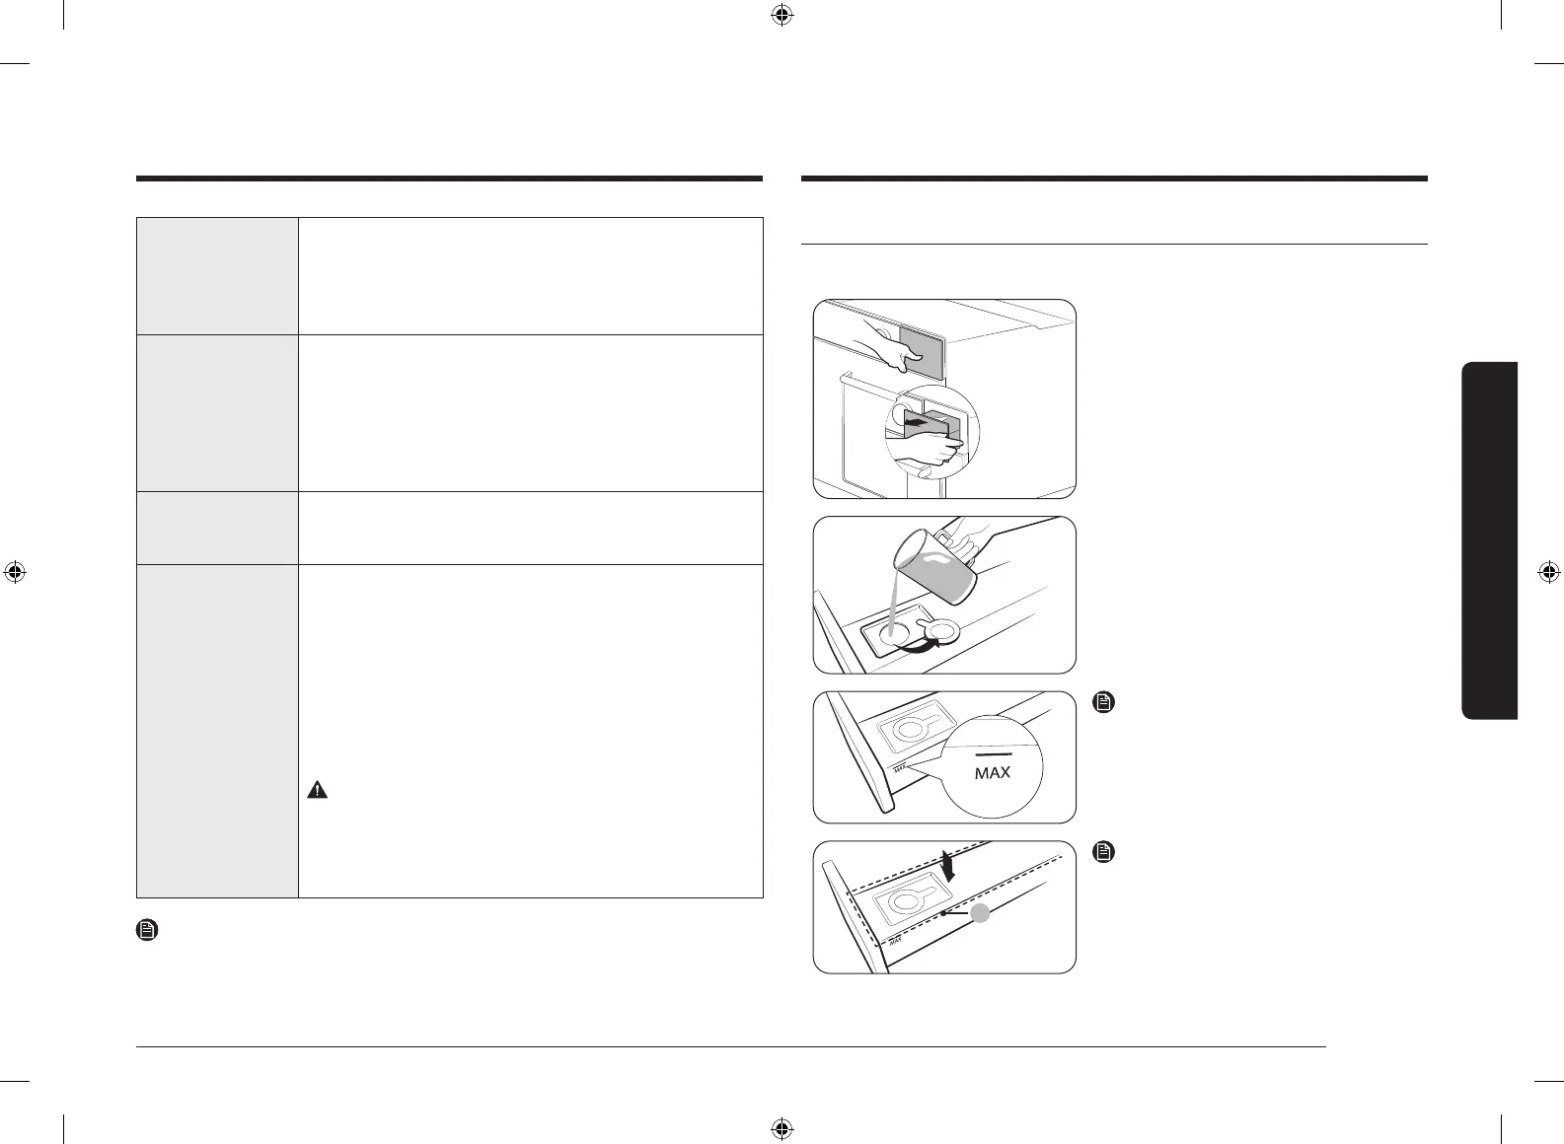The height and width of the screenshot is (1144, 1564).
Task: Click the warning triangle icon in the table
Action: point(317,789)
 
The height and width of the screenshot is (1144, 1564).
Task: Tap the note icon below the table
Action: point(146,930)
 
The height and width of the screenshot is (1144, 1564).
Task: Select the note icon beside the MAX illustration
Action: point(1104,703)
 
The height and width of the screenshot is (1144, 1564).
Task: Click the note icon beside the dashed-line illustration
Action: point(1104,851)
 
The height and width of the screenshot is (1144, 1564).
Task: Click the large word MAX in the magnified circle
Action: point(992,773)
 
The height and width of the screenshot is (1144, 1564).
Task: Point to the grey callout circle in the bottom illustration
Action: point(980,914)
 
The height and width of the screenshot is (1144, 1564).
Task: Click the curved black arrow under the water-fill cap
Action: point(914,646)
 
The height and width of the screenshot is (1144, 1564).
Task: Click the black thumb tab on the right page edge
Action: point(1490,540)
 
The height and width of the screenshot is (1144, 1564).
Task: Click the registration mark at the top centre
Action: point(782,15)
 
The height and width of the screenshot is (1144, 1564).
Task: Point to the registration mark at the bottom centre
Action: point(782,1127)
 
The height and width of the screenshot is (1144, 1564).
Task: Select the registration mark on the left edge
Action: point(15,572)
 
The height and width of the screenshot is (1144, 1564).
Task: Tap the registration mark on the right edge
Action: point(1548,572)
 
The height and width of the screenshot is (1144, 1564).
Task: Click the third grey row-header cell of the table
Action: point(217,528)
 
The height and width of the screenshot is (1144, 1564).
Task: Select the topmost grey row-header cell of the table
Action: point(217,276)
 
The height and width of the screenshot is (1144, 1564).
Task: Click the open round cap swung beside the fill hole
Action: point(943,632)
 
